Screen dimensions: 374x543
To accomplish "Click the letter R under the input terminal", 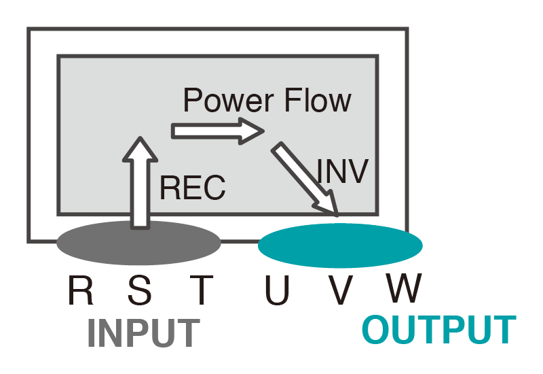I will (81, 291).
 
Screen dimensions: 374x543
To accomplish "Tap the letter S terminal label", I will (140, 291).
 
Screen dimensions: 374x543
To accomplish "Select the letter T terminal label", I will (200, 291).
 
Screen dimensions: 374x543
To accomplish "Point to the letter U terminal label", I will (278, 291).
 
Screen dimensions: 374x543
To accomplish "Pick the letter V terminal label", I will (341, 291).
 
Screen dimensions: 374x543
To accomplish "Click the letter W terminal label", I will (405, 290).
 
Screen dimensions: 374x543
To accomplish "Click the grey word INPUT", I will (144, 333).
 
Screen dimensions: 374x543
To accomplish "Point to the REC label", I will (193, 188).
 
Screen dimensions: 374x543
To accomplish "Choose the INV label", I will (343, 171).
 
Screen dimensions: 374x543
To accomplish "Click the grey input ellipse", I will (138, 242).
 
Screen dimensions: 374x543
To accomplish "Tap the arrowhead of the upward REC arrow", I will (140, 148).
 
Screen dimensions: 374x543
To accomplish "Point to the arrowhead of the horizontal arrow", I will (252, 130).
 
